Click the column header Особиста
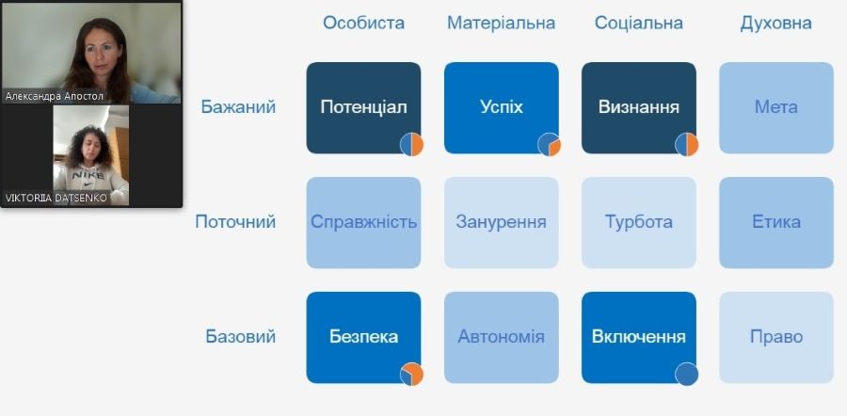(x=363, y=24)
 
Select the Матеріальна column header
(x=501, y=24)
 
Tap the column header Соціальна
(x=638, y=24)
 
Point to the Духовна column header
(x=775, y=24)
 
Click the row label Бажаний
(x=238, y=107)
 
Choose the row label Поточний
(x=235, y=222)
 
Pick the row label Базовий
(x=240, y=337)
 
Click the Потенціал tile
(x=363, y=107)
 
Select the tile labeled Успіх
(x=502, y=107)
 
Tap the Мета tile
(x=776, y=107)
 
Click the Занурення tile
(x=502, y=222)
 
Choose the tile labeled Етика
(x=776, y=222)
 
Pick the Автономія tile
(x=502, y=338)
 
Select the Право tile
(x=776, y=338)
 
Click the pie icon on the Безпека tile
(x=411, y=374)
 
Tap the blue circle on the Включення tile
(x=687, y=374)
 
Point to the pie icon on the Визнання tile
(x=687, y=144)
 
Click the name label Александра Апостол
(x=54, y=96)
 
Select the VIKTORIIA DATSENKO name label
(x=56, y=199)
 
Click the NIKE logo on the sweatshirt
(x=88, y=175)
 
